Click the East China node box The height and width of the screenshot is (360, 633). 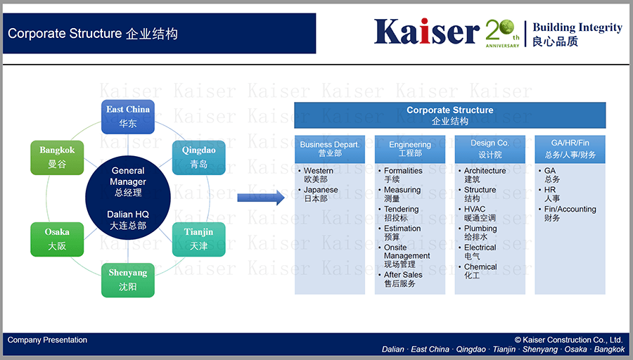(x=127, y=117)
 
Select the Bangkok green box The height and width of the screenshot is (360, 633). (x=57, y=157)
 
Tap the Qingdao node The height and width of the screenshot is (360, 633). (x=198, y=157)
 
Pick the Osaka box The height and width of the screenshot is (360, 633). (x=57, y=239)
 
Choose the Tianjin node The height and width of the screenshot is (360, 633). (x=198, y=239)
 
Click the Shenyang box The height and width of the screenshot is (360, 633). (x=127, y=280)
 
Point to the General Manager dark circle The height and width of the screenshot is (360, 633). (x=128, y=198)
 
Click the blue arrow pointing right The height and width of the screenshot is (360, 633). (x=261, y=198)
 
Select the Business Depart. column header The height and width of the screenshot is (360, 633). (x=330, y=149)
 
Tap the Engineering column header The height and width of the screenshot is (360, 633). (x=410, y=149)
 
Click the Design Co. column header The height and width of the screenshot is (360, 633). (x=490, y=149)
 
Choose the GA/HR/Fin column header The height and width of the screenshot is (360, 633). (x=570, y=149)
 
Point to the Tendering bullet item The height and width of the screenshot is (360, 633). (x=399, y=214)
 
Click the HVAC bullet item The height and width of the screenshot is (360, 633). (x=477, y=214)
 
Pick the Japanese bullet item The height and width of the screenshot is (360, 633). (x=318, y=194)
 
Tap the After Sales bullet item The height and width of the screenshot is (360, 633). (x=400, y=279)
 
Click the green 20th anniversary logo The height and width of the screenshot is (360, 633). (x=502, y=33)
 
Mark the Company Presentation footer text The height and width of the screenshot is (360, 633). (x=47, y=340)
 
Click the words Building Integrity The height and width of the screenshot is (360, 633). (x=577, y=27)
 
